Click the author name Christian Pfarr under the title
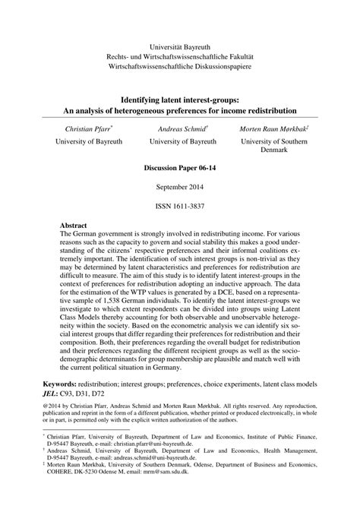tap(87, 130)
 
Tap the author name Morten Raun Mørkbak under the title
tap(272, 130)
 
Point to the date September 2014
tap(180, 186)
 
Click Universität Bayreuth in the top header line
tap(180, 46)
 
